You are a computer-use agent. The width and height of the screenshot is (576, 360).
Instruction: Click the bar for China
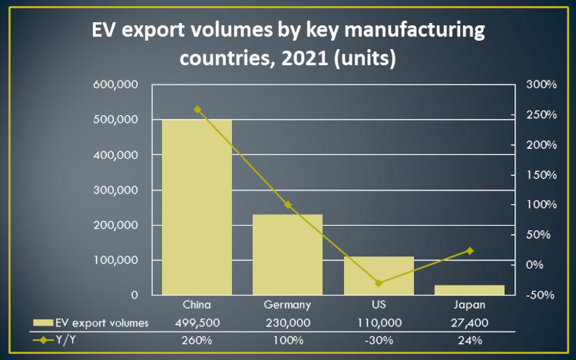[197, 207]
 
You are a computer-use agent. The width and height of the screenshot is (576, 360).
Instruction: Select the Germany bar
[288, 254]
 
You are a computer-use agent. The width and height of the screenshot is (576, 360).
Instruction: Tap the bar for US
[379, 276]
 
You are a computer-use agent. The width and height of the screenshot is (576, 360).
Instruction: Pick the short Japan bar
[469, 289]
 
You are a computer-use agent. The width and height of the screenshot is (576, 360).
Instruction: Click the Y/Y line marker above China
[197, 110]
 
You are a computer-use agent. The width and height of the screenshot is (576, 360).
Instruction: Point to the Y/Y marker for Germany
[288, 205]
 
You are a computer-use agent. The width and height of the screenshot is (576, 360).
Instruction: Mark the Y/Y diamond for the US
[379, 283]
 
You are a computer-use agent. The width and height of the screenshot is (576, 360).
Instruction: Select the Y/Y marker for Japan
[469, 251]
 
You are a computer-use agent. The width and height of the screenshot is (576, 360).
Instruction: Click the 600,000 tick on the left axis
[115, 84]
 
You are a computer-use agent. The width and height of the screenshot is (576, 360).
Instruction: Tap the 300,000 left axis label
[115, 190]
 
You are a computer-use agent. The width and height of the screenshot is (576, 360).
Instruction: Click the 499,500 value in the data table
[197, 322]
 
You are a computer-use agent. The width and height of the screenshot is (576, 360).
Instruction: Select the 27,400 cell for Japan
[469, 322]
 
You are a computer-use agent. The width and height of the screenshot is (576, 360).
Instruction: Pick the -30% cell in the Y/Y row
[379, 340]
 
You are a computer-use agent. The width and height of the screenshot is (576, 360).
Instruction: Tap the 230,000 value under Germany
[288, 322]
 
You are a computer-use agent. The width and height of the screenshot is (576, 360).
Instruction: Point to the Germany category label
[288, 305]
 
